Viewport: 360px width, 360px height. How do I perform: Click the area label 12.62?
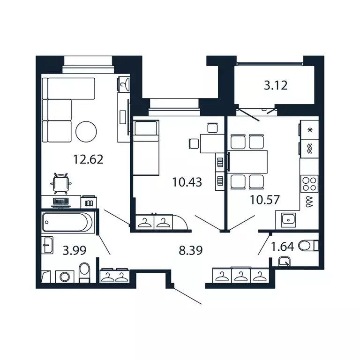[88, 159]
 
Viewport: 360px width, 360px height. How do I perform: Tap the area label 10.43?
[187, 181]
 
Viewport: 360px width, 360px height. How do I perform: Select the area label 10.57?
[265, 200]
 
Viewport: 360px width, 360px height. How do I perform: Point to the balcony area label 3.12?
[275, 85]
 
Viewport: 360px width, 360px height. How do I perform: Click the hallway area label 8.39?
[191, 250]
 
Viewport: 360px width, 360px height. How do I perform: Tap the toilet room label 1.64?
[283, 247]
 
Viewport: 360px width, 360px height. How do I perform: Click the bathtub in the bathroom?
[67, 223]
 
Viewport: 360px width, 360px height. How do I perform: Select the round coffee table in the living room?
[86, 132]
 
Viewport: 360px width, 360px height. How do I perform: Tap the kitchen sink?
[287, 218]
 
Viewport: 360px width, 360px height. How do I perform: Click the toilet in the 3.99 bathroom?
[84, 272]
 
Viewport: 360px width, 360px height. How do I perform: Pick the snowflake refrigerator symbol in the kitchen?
[309, 129]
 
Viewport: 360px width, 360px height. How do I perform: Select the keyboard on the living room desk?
[60, 202]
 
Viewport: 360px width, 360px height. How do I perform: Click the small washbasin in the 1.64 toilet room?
[284, 262]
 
